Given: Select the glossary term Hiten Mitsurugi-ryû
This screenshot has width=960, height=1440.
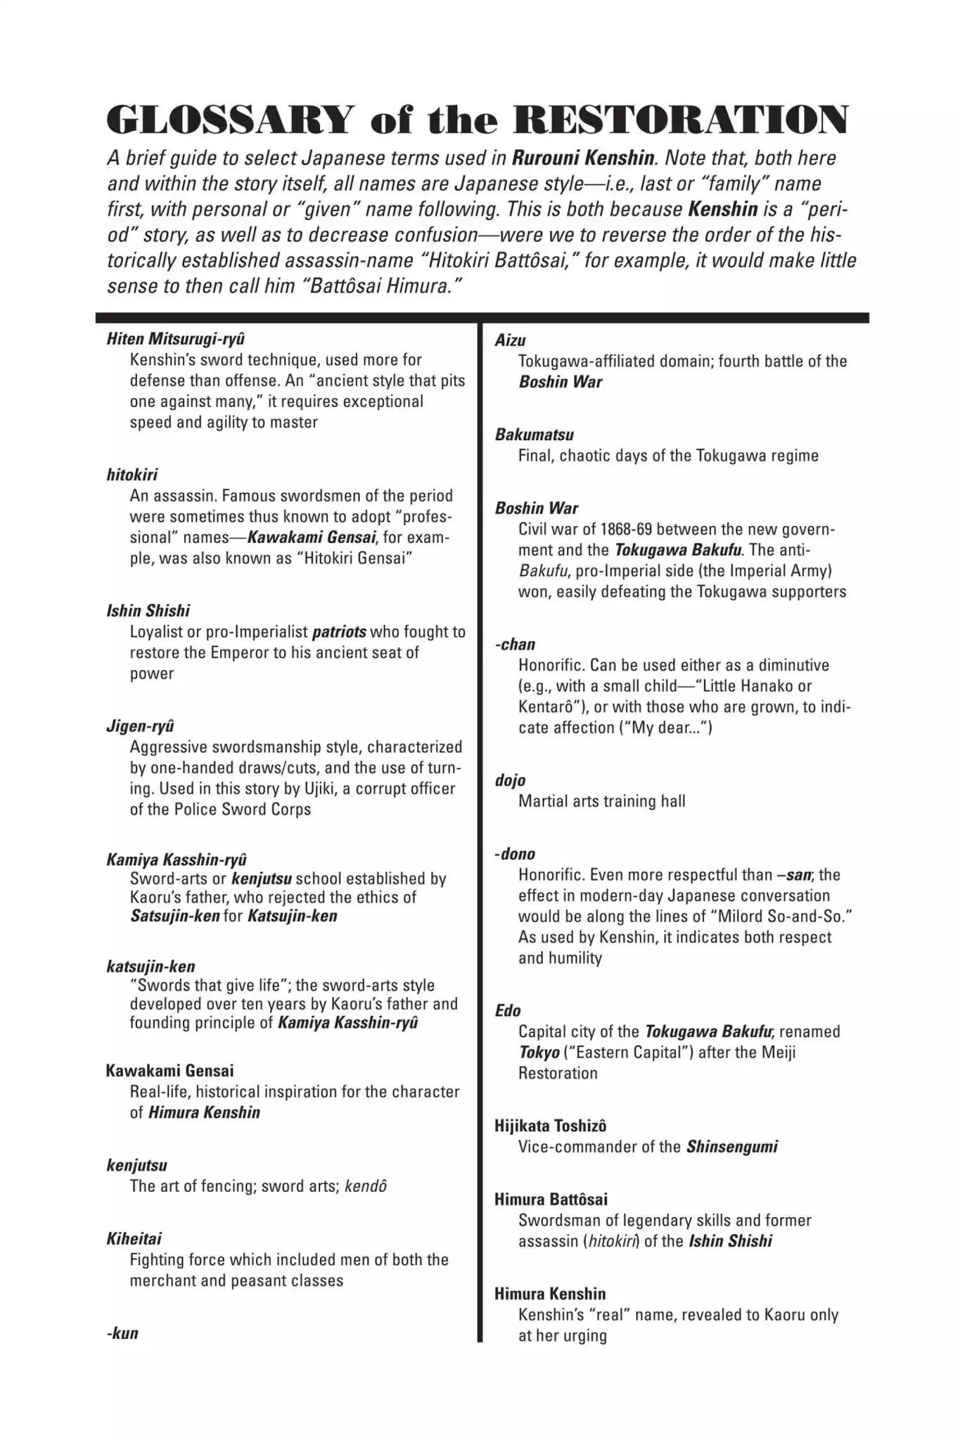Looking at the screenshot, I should [x=176, y=338].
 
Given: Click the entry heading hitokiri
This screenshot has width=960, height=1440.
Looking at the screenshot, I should [x=132, y=475].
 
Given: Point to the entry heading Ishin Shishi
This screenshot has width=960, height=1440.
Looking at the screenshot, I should [x=148, y=610].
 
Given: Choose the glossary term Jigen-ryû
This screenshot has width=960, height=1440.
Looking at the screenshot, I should [x=140, y=726].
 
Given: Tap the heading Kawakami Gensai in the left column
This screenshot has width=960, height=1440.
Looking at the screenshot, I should [x=169, y=1070].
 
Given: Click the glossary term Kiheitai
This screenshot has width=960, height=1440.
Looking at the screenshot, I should [x=134, y=1238].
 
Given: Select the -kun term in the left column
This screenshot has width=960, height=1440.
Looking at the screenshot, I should [x=122, y=1333].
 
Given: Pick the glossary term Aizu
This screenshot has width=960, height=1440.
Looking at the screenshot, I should [x=511, y=340].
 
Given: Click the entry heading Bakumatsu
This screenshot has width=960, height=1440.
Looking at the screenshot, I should [x=535, y=435].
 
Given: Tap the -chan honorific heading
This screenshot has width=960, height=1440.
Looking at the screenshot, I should [x=515, y=644].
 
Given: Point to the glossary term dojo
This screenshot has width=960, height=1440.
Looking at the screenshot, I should [x=511, y=780].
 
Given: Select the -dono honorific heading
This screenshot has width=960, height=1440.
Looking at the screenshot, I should [x=515, y=854].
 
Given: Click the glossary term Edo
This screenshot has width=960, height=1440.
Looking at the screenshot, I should [x=508, y=1010].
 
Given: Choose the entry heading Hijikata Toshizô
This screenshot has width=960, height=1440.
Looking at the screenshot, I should [x=551, y=1126].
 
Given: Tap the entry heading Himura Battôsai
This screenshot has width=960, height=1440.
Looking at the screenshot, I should [x=551, y=1199].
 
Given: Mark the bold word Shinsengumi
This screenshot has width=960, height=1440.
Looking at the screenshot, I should [x=732, y=1147].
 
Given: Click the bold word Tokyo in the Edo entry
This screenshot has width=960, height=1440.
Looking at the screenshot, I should [x=539, y=1053].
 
